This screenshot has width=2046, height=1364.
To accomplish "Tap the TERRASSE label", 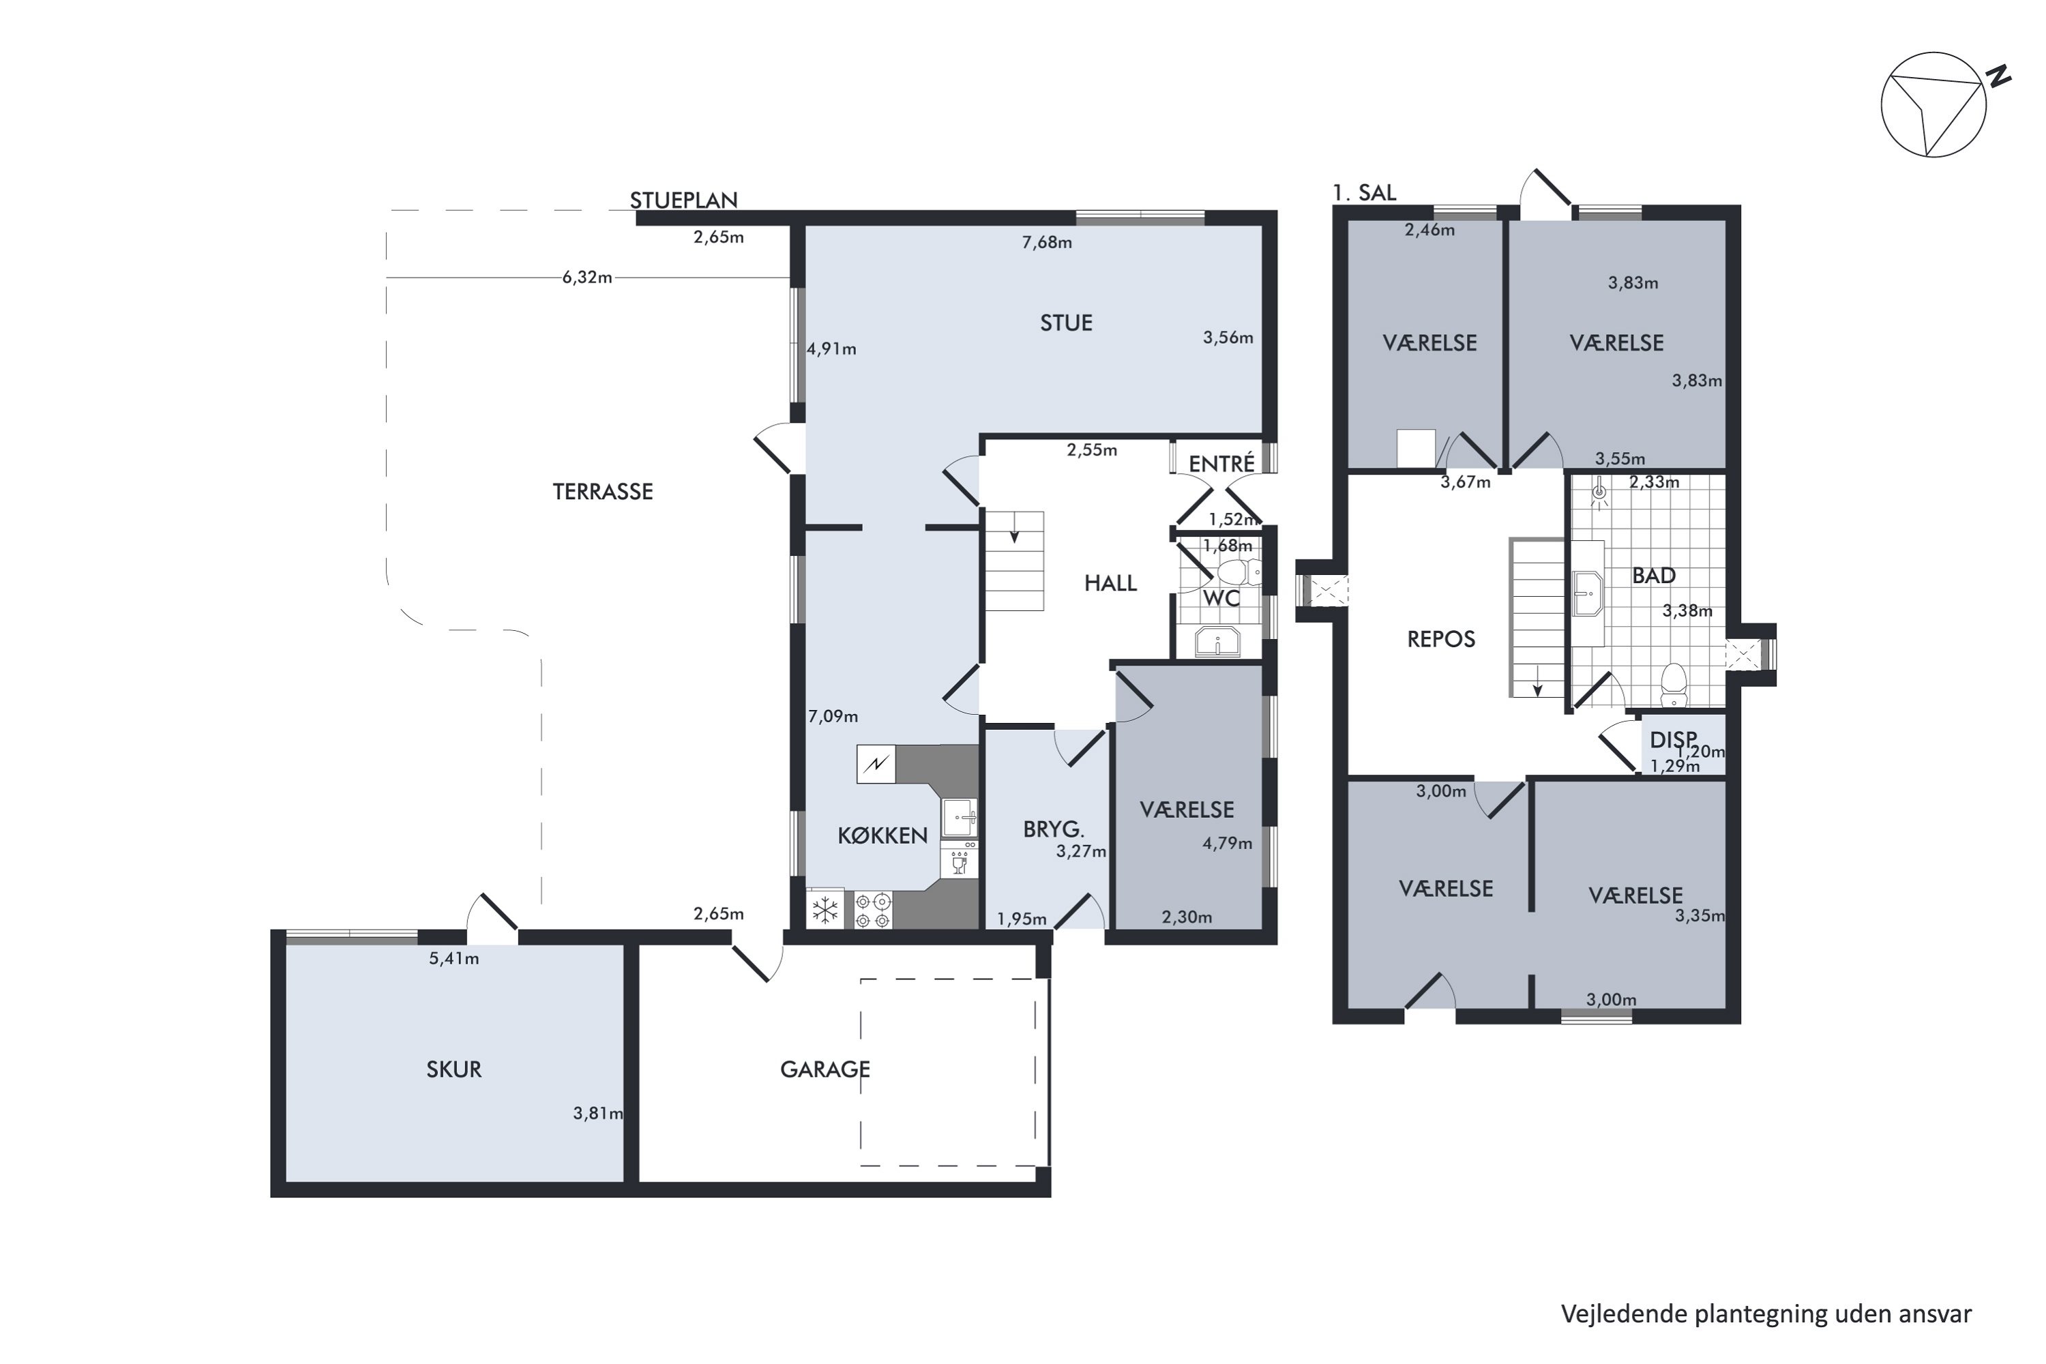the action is pos(603,492).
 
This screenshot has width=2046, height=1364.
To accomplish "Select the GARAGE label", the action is pos(825,1069).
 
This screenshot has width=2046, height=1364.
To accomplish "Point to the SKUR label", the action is pos(454,1069).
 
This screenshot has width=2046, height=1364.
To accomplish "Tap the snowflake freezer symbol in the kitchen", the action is pos(825,910).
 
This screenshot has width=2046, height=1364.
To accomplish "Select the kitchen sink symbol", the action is pos(960,818).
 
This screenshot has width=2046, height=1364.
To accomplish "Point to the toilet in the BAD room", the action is pos(1674,685).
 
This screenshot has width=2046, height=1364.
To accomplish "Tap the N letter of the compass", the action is pos(1999,76).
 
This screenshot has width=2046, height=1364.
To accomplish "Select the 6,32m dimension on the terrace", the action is pos(587,278).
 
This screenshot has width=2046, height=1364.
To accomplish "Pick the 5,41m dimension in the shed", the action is pos(454,959).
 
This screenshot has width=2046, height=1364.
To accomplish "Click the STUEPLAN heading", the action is pos(684,200).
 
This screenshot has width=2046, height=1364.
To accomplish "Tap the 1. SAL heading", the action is pos(1364,193).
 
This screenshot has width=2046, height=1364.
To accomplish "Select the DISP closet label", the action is pos(1673,740).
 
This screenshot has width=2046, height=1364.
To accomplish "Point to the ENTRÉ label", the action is pos(1222,464).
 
